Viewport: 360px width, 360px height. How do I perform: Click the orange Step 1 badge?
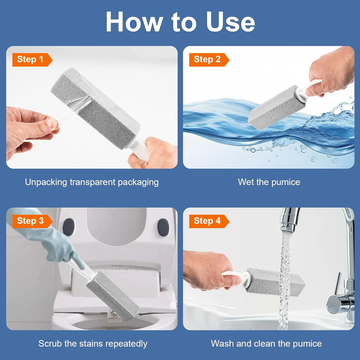[32, 60]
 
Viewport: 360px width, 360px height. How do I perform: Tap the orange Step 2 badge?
[208, 60]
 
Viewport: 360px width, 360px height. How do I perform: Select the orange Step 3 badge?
[32, 221]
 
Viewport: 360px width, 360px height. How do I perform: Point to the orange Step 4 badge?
[208, 221]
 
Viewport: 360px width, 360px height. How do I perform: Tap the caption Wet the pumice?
[269, 182]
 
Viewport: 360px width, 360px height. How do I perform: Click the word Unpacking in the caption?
[46, 182]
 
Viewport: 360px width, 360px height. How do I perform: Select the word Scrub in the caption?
[49, 343]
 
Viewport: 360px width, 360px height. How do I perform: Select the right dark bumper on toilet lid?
[163, 227]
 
